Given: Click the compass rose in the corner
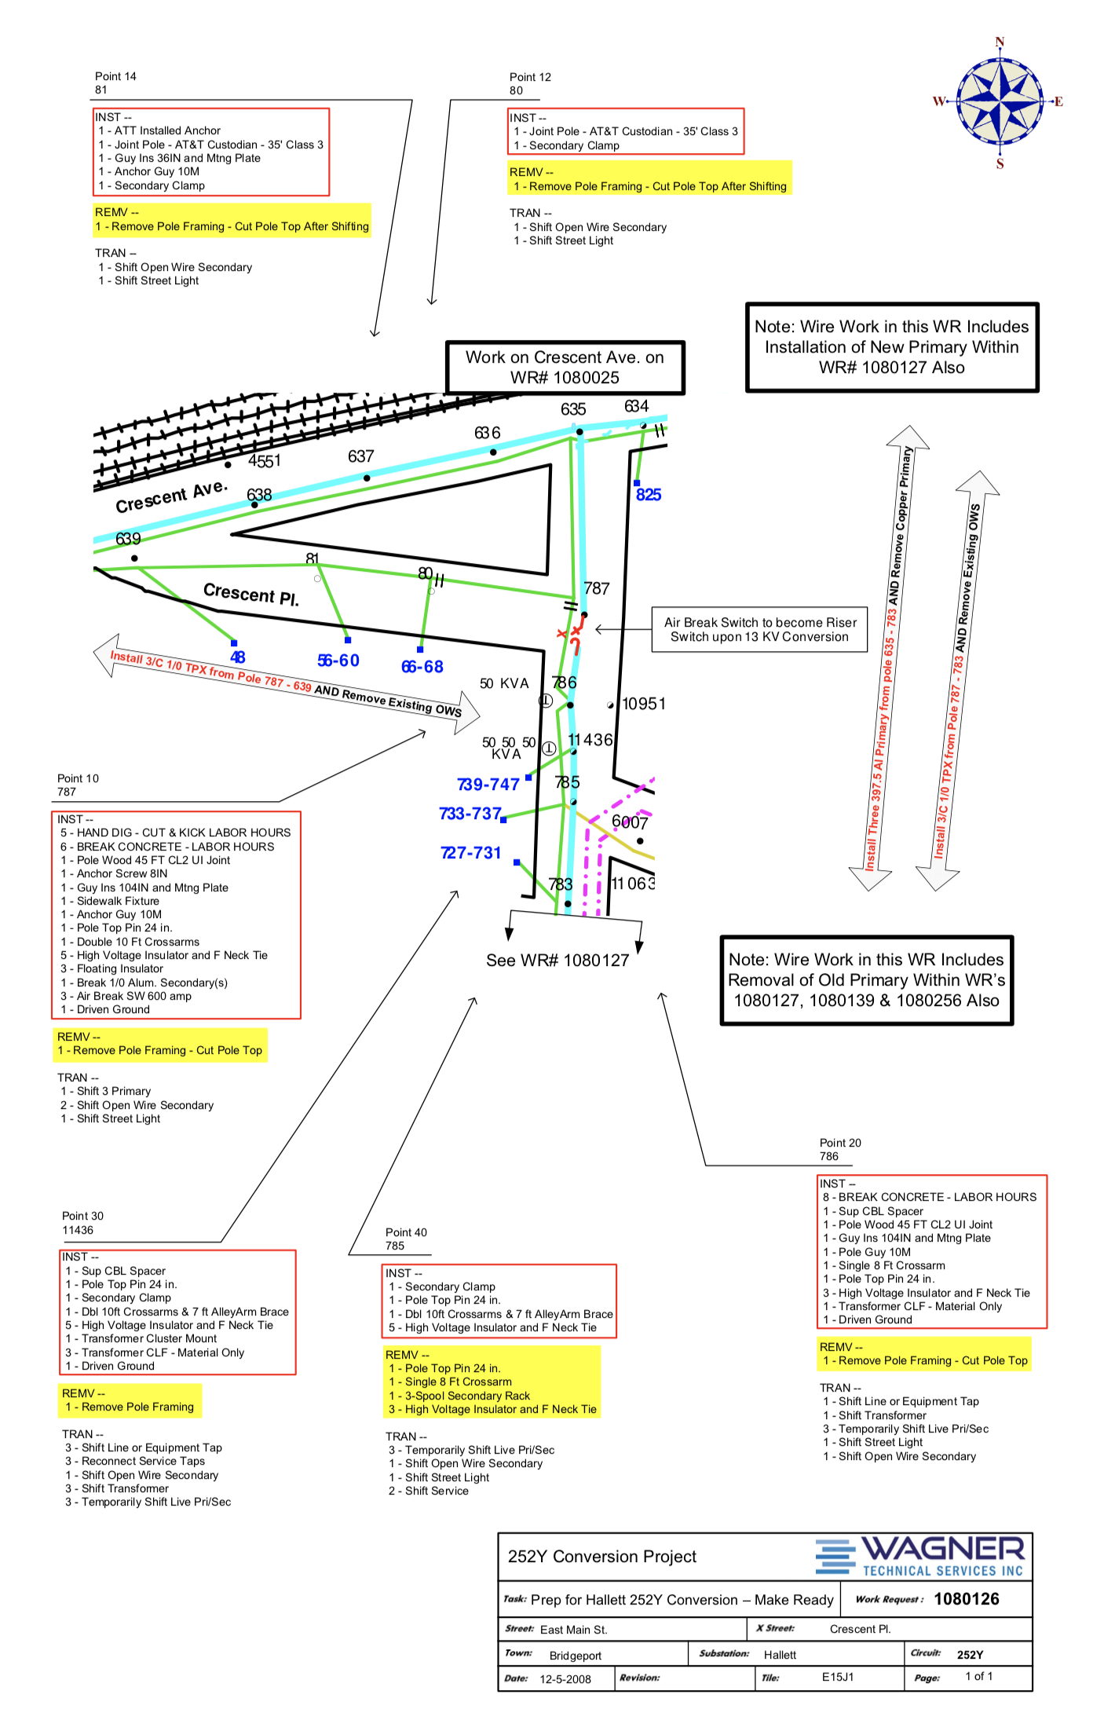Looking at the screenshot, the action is point(999,102).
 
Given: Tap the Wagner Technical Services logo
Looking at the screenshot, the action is point(919,1556).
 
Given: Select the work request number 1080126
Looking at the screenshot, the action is point(967,1599).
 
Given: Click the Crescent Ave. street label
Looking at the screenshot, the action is point(171,496).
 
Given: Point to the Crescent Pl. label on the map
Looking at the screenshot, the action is point(251,594).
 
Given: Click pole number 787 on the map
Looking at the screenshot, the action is point(597,588).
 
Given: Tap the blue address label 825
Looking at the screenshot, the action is point(649,495).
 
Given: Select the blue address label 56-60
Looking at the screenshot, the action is point(338,661).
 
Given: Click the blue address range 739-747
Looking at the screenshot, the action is point(488,784).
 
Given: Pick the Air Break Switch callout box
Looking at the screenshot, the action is point(759,629).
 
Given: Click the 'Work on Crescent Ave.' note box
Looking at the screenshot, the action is point(565,368).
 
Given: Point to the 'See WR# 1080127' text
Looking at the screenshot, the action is point(557,961).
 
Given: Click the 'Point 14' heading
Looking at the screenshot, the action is point(115,76).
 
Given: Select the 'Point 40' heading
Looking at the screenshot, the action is point(406,1232).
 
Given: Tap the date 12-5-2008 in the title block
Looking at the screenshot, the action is point(565,1679).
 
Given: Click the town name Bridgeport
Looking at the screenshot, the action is point(576,1656).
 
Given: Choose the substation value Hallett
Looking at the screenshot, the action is point(780,1655).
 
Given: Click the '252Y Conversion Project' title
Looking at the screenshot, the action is point(602,1557).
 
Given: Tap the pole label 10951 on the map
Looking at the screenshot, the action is point(644,704).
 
